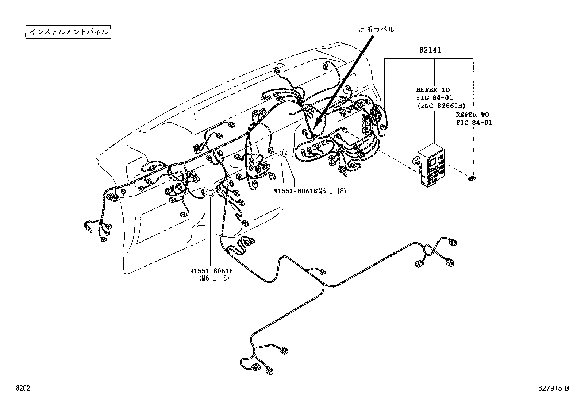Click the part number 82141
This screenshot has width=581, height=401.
[430, 50]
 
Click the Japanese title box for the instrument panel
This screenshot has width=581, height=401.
[68, 32]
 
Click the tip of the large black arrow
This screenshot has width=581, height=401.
[315, 124]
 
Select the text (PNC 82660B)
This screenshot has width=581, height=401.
[441, 106]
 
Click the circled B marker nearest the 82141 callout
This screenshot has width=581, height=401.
[284, 154]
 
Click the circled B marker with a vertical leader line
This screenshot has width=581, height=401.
[210, 193]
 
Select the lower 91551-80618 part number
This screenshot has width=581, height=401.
[211, 271]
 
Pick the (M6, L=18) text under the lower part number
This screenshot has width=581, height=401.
[214, 278]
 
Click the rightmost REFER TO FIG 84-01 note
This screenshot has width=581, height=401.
[474, 119]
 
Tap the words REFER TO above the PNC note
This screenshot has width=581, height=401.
[433, 90]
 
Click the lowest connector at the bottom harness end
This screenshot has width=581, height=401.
[270, 371]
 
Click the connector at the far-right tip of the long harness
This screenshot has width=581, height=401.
[453, 242]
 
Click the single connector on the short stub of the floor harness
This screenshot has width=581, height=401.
[322, 272]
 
